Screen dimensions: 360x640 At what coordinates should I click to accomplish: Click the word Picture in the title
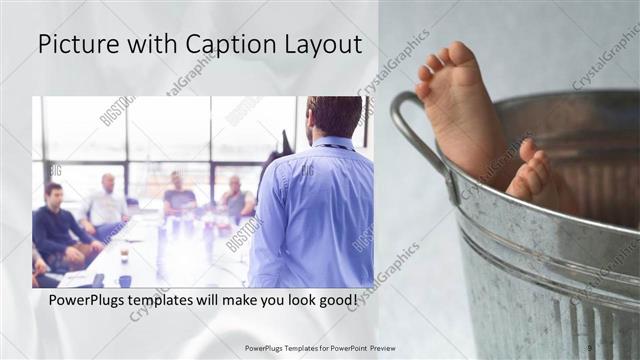pyautogui.click(x=78, y=44)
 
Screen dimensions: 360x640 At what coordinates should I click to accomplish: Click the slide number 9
pyautogui.click(x=590, y=347)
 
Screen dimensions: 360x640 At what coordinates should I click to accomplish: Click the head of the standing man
pyautogui.click(x=334, y=116)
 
